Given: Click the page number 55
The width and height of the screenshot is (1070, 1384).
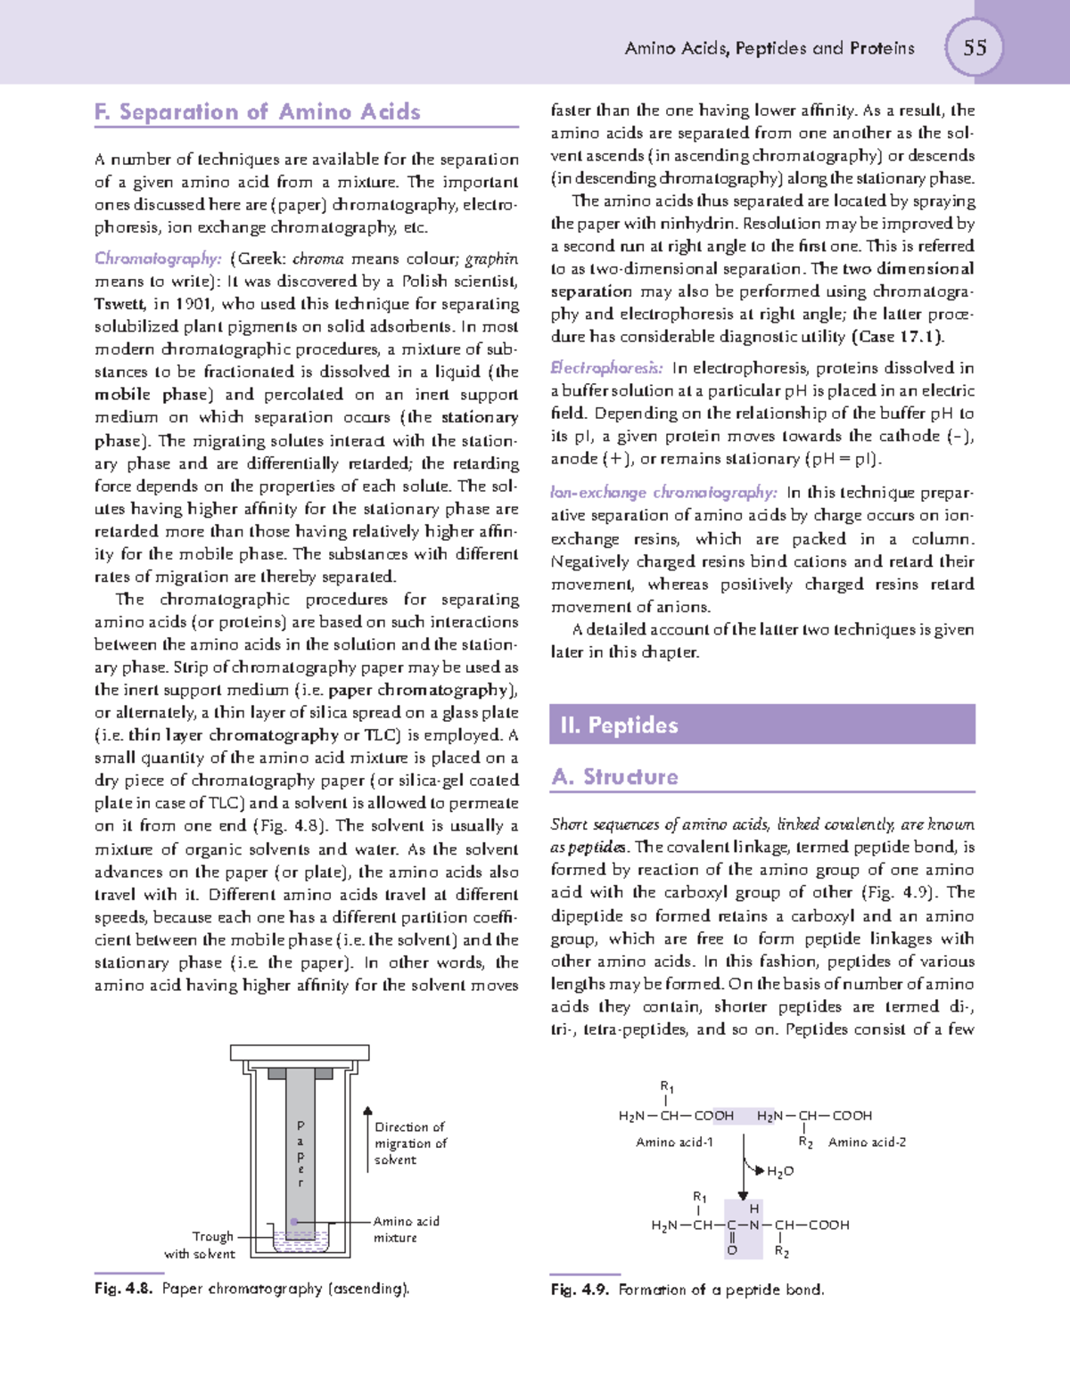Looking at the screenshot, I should coord(975,47).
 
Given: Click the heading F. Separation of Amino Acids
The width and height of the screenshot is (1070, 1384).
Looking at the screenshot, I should coord(257,112).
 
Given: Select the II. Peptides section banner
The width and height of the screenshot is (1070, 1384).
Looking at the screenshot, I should coord(762,725).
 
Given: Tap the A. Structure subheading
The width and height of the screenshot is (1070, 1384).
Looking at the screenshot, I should coord(614,776).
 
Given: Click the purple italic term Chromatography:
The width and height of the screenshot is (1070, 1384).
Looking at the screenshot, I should coord(158,258).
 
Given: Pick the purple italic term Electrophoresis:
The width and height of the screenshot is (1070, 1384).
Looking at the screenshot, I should coord(606,368).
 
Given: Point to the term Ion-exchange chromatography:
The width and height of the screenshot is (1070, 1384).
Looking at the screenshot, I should coord(663,493).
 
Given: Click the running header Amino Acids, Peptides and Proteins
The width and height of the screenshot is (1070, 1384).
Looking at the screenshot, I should coord(770,48).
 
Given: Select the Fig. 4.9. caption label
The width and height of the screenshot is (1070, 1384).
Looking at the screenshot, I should coord(580,1290).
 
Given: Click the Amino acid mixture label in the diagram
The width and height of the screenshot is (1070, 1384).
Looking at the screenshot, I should coord(406,1229).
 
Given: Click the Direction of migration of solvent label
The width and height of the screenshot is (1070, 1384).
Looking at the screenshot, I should coord(409,1143).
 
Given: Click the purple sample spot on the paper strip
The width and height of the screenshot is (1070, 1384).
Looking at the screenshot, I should coord(294,1222).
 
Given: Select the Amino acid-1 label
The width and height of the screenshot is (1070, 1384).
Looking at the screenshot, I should coord(674,1142).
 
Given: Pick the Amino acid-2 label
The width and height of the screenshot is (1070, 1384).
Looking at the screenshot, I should coord(867,1142).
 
